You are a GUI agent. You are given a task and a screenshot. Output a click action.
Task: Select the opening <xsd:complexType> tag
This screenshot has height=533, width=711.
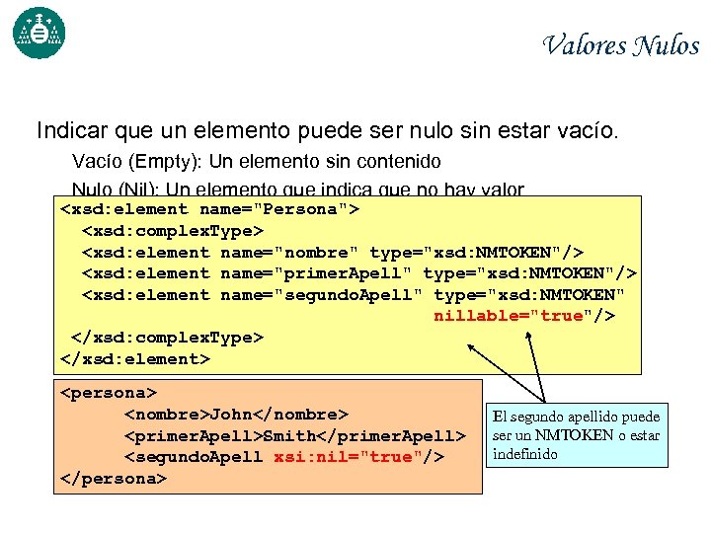[173, 230]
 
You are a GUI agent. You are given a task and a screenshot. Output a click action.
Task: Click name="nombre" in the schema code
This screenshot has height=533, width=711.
[285, 252]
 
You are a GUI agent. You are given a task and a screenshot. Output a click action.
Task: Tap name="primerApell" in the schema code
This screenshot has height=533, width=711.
[317, 273]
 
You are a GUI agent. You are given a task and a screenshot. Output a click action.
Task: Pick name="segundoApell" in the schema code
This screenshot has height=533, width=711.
[323, 295]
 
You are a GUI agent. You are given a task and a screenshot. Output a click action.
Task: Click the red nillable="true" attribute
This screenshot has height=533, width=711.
[509, 316]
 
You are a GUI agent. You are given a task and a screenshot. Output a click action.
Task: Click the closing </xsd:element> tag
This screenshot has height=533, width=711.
[135, 358]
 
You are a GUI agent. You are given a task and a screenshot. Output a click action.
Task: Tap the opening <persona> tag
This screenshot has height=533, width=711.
[108, 392]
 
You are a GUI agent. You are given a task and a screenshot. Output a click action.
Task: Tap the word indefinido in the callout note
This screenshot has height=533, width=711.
[525, 454]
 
